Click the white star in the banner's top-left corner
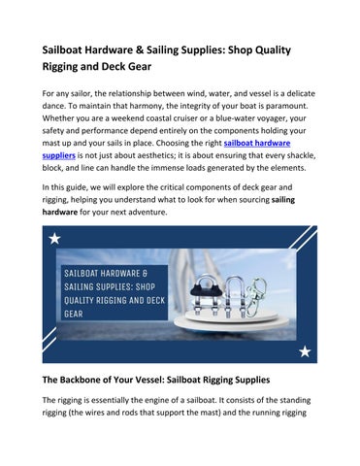point(55,238)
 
